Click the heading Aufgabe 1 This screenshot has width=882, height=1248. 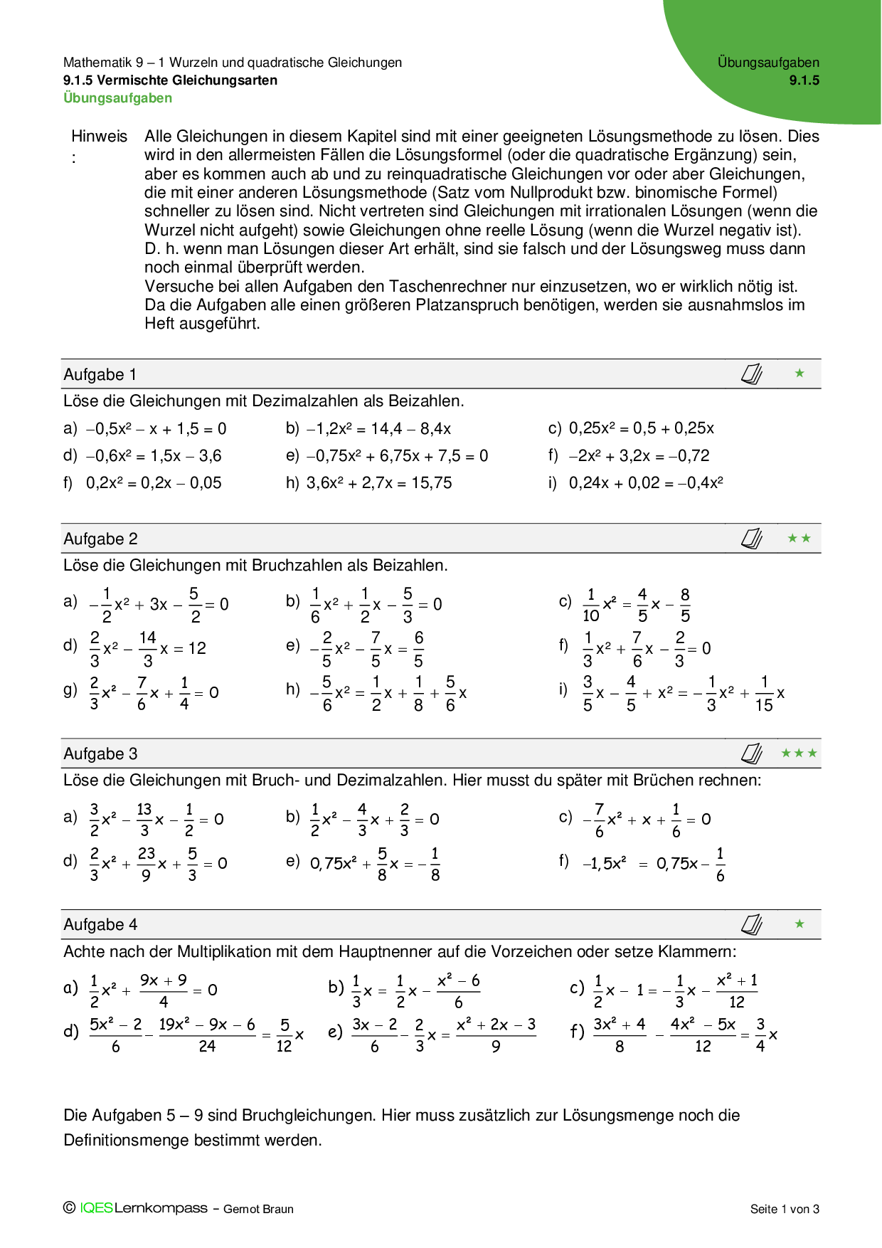coord(100,375)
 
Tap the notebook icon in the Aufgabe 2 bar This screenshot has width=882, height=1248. coord(752,539)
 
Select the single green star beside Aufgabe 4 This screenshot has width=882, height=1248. coord(799,924)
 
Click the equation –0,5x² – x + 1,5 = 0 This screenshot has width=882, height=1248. coord(156,429)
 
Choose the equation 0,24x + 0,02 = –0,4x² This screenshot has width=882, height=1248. coord(646,483)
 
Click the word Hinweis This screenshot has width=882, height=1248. coord(99,137)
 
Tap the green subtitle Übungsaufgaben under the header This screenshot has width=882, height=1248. coord(117,98)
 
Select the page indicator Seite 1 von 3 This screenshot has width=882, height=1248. coord(785,1209)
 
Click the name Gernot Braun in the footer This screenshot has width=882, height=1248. coord(258,1209)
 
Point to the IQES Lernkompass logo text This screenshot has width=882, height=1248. coord(143,1208)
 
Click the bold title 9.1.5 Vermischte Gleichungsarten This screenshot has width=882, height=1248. coord(170,80)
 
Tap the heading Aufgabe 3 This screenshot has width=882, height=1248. coord(100,754)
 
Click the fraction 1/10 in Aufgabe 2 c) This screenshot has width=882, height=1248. coord(591,606)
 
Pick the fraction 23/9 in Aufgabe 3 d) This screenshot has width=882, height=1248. coord(147,864)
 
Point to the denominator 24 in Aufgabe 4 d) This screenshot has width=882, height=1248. coord(207,1047)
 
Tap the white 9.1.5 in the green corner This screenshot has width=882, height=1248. coord(804,80)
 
